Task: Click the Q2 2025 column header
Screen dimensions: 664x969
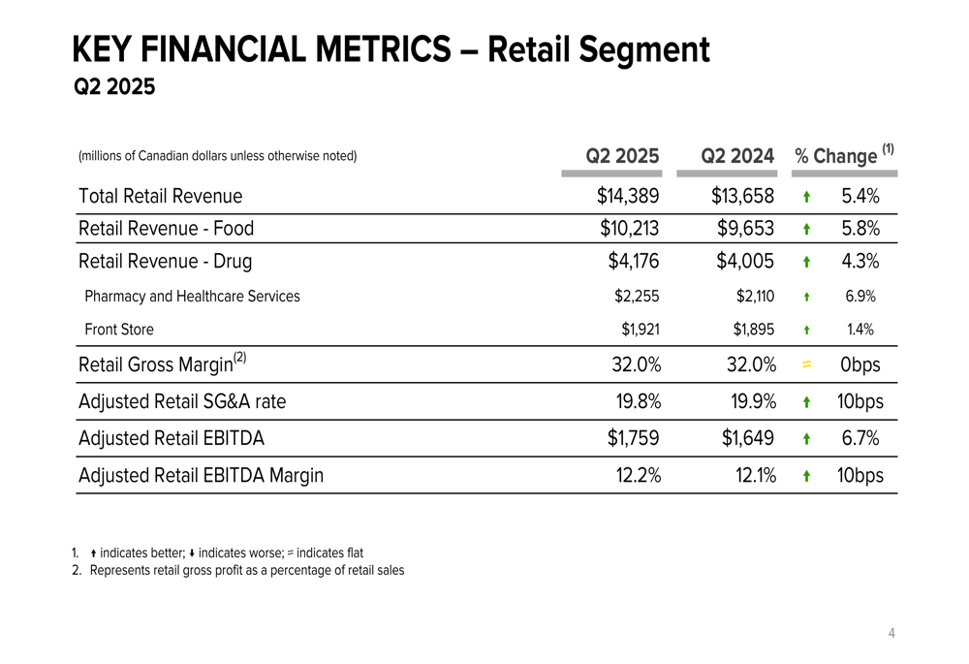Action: coord(622,155)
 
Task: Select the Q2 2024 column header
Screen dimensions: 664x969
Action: coord(737,155)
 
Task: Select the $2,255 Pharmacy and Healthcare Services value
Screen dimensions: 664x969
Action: coord(640,297)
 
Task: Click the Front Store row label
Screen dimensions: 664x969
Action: coord(119,330)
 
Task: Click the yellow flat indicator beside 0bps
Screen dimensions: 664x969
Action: coord(806,365)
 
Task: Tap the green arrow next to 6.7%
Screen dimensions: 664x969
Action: coord(806,439)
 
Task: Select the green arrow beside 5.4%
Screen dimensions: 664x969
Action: coord(806,197)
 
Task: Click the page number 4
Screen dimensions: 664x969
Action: coord(891,634)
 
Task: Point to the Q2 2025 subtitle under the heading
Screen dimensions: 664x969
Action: coord(114,88)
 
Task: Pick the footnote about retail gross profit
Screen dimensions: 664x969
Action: coord(246,570)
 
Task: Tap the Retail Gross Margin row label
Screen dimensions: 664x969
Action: coord(162,364)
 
